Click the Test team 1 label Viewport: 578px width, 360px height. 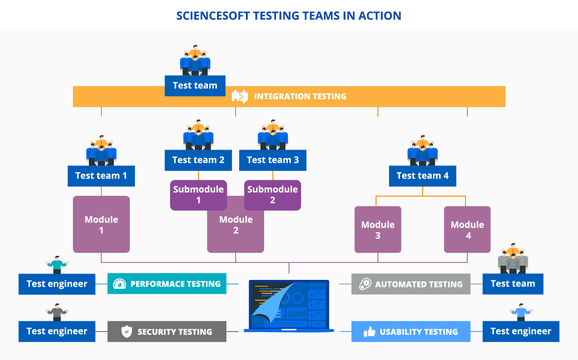click(101, 176)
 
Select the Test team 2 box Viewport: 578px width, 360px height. click(198, 160)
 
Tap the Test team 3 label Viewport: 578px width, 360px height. click(273, 160)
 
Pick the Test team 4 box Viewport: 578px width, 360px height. click(422, 176)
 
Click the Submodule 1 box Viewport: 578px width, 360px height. click(198, 195)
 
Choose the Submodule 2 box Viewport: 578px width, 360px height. click(273, 195)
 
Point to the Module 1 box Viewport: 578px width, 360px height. click(101, 224)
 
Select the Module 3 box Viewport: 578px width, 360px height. click(377, 230)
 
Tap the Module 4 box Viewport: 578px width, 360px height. click(467, 230)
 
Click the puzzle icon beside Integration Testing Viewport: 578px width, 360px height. click(240, 96)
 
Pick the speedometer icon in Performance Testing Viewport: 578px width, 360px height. click(120, 284)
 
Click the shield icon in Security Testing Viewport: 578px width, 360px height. click(127, 332)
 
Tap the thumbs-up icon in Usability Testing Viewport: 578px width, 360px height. click(369, 332)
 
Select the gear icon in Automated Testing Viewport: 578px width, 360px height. click(365, 284)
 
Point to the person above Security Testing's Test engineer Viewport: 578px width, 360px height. click(56, 311)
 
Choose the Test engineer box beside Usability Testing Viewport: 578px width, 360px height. click(521, 332)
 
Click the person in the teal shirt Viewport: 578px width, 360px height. click(56, 264)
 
